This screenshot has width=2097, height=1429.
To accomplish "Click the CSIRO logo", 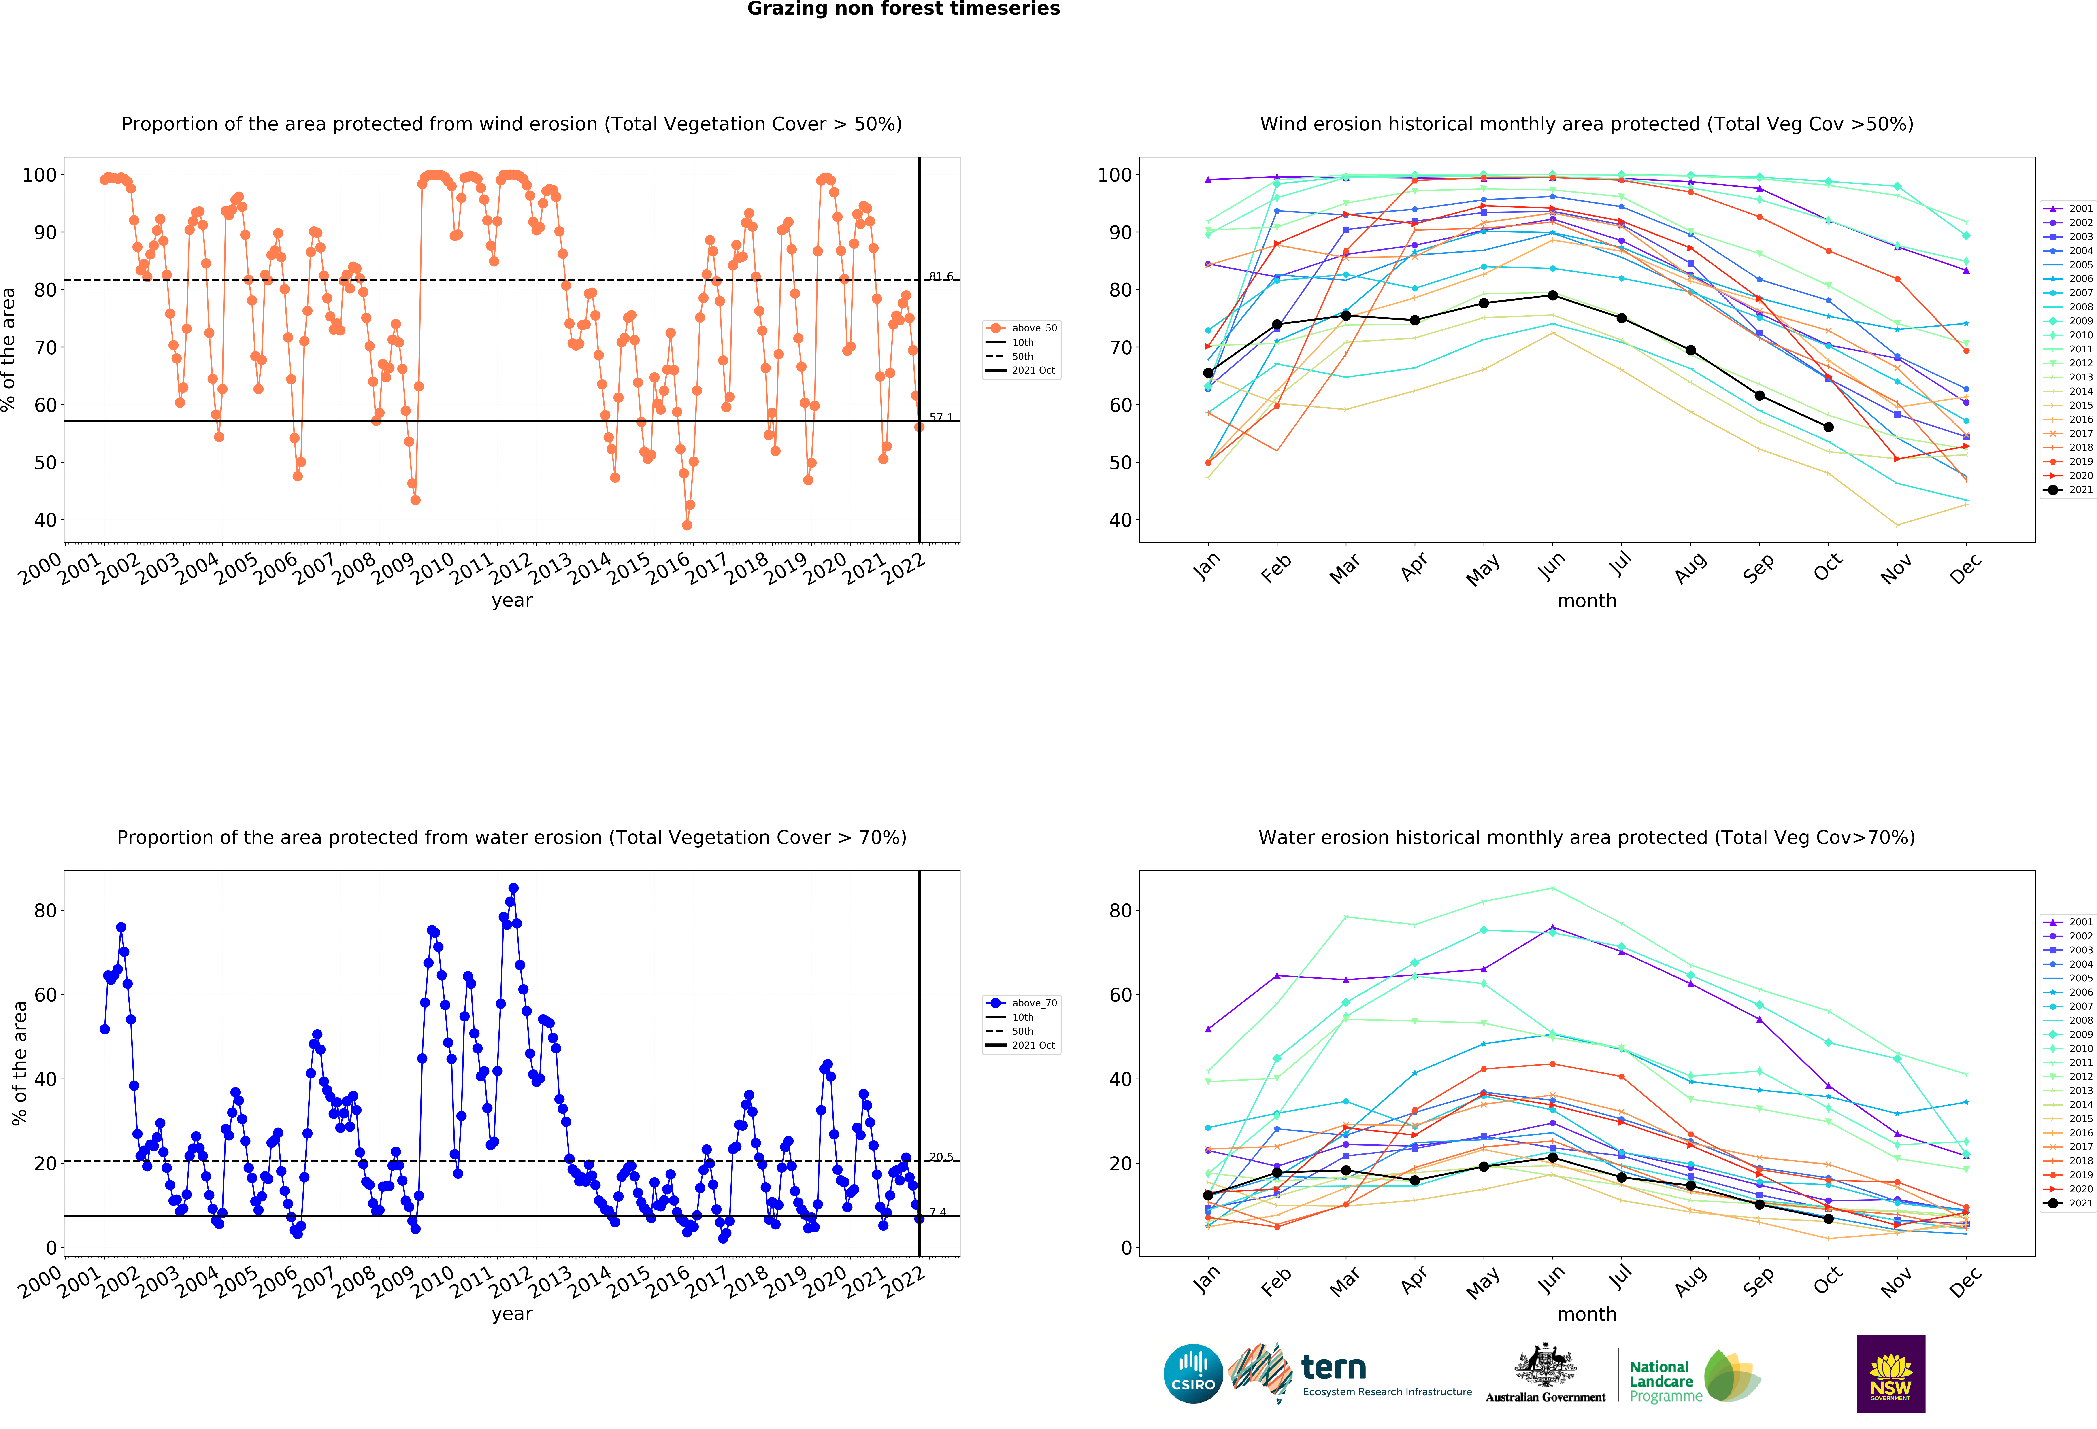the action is pos(1193,1374).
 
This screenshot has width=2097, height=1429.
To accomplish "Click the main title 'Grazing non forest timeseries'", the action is pos(903,9).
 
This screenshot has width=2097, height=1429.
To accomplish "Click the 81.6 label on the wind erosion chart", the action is pos(941,276).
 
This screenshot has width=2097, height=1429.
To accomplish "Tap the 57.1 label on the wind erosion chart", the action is pos(941,417).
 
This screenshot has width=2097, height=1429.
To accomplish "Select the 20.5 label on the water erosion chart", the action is pos(941,1157).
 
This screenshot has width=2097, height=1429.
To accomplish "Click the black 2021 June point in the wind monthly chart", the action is pos(1552,295).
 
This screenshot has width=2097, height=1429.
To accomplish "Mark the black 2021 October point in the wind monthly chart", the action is pos(1828,427).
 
